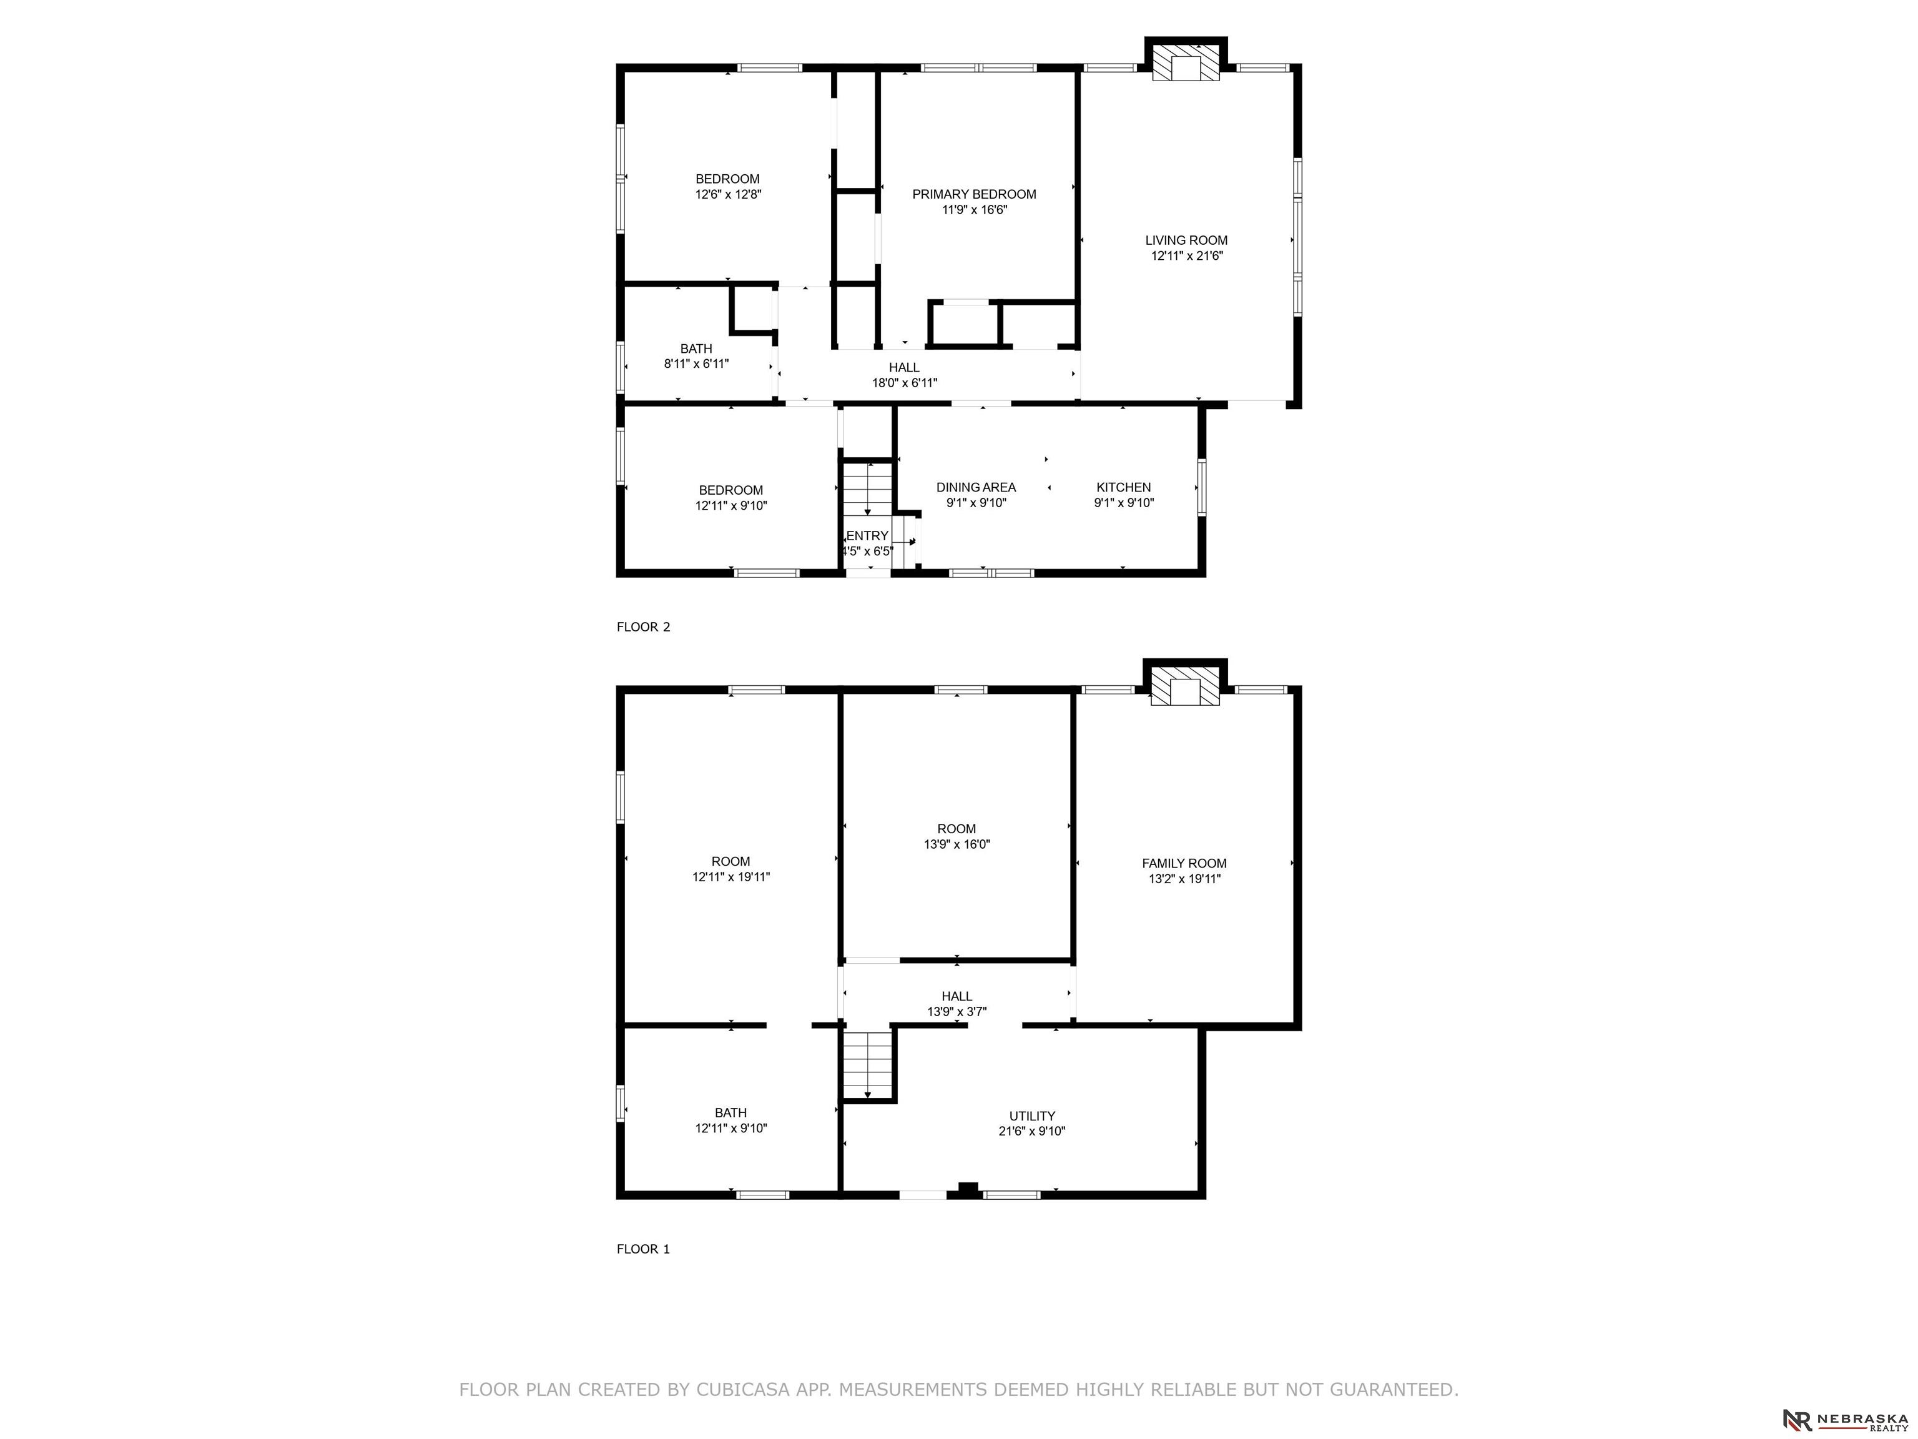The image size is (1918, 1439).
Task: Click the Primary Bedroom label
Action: [974, 194]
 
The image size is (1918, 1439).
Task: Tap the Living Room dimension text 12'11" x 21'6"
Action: [1186, 256]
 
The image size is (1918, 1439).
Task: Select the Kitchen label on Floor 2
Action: [1124, 487]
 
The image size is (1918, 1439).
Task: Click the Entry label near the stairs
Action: [867, 536]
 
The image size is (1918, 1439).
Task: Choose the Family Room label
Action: [1184, 863]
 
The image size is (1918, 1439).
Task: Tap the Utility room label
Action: [1032, 1116]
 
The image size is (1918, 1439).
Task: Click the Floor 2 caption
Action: [643, 627]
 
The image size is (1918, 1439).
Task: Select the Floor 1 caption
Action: [643, 1249]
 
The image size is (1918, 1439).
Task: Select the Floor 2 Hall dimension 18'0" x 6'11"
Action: [905, 382]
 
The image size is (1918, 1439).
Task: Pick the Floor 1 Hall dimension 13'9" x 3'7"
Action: [957, 1011]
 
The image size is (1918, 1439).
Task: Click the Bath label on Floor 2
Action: [696, 349]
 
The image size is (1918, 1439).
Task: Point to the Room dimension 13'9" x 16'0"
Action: [957, 844]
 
